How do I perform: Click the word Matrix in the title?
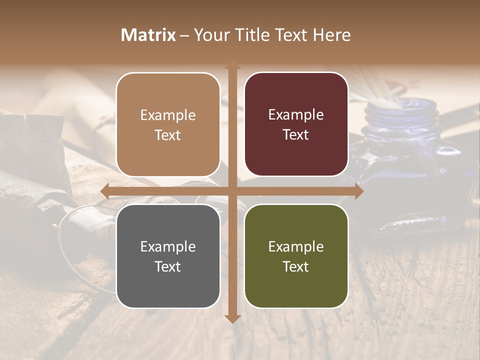148,35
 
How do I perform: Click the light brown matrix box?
168,124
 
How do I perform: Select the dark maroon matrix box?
296,124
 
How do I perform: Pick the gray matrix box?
168,256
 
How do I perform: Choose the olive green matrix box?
296,256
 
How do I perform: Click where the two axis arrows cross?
232,191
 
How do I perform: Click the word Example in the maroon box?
296,115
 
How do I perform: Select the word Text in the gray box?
168,266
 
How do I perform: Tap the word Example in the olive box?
296,246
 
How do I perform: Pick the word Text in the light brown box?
168,135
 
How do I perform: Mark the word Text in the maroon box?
296,135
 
